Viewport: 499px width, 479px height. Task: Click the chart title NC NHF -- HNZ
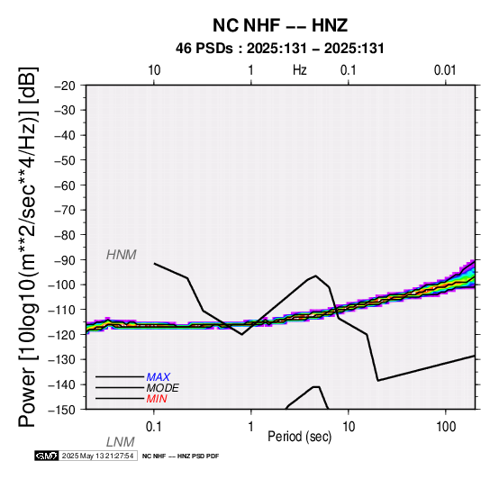pyautogui.click(x=280, y=25)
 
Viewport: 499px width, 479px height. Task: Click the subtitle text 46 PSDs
pyautogui.click(x=204, y=49)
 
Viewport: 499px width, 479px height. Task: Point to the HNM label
pyautogui.click(x=122, y=255)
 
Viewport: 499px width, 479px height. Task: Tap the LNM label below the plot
pyautogui.click(x=121, y=442)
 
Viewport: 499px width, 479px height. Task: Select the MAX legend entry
pyautogui.click(x=158, y=377)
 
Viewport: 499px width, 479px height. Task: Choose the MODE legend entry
pyautogui.click(x=162, y=388)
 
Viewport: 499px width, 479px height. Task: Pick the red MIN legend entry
pyautogui.click(x=157, y=399)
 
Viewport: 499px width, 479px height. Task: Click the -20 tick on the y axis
pyautogui.click(x=65, y=86)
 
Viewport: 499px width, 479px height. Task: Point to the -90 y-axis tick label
pyautogui.click(x=65, y=260)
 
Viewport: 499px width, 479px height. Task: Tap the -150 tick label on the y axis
pyautogui.click(x=62, y=410)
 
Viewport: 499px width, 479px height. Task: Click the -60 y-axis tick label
pyautogui.click(x=65, y=185)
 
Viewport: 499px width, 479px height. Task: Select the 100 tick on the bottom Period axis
pyautogui.click(x=446, y=427)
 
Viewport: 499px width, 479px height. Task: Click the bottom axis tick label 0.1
pyautogui.click(x=154, y=427)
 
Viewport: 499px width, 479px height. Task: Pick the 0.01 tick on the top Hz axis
pyautogui.click(x=445, y=70)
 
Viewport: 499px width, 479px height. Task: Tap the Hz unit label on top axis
pyautogui.click(x=300, y=70)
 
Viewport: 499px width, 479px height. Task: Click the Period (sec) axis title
pyautogui.click(x=299, y=437)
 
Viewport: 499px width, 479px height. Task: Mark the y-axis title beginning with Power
pyautogui.click(x=28, y=247)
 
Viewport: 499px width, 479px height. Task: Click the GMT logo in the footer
pyautogui.click(x=47, y=456)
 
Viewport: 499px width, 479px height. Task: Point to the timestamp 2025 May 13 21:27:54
pyautogui.click(x=97, y=456)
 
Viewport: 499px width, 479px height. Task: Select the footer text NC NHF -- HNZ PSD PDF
pyautogui.click(x=180, y=456)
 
